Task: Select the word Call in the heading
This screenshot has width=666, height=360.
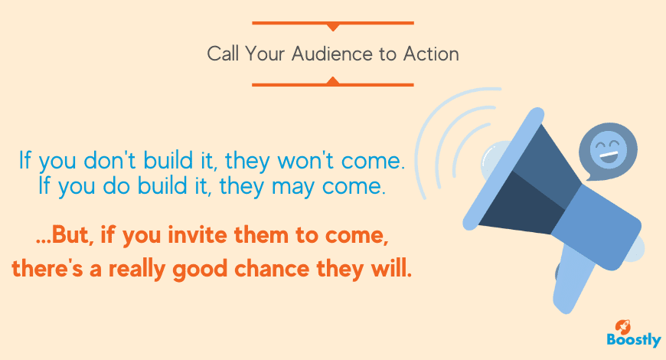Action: click(x=223, y=54)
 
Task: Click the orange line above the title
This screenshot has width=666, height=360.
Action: click(x=332, y=24)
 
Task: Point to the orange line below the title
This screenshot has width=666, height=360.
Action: click(x=332, y=84)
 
